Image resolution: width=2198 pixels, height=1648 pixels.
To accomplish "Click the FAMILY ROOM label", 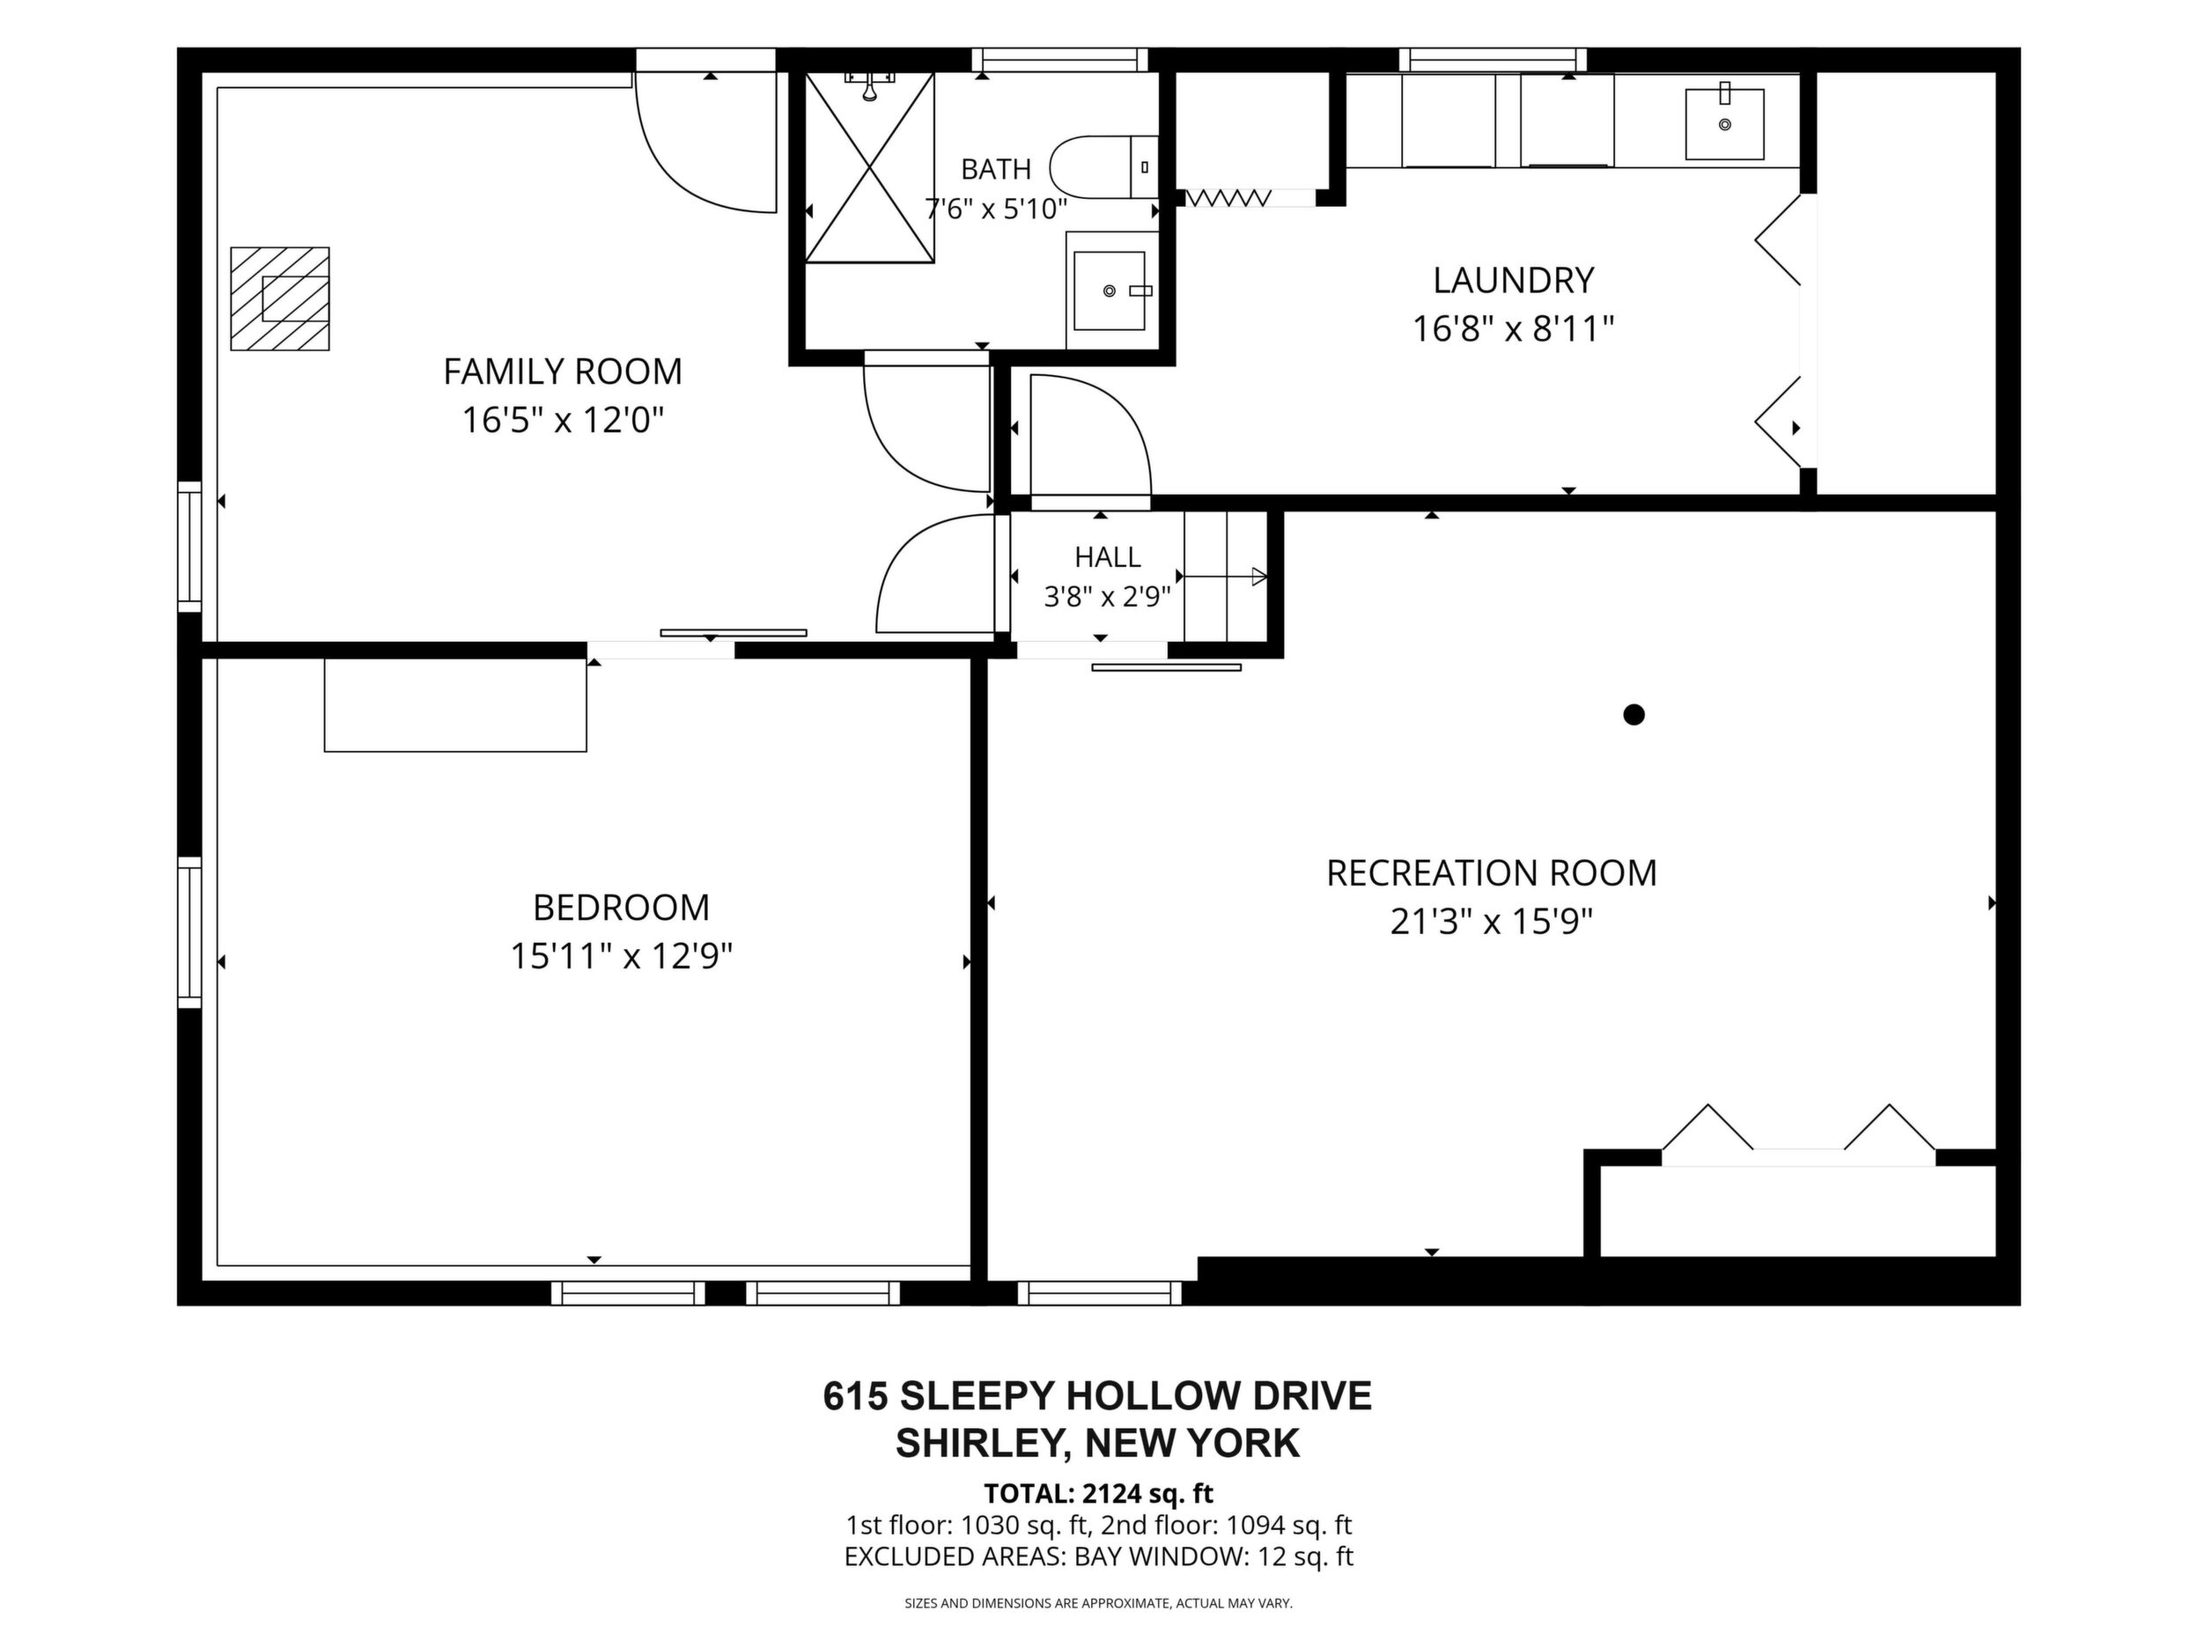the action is point(563,372).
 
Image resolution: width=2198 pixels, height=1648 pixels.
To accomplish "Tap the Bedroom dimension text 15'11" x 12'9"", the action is point(621,957).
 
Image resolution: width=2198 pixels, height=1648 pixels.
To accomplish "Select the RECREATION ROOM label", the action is point(1492,873).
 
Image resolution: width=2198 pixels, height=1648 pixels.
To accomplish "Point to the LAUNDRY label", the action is point(1514,280).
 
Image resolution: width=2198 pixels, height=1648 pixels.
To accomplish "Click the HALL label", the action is point(1107,556).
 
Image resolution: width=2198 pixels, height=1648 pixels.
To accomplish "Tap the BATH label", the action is point(996,170).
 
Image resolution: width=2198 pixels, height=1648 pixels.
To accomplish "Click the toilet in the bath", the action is point(1104,167).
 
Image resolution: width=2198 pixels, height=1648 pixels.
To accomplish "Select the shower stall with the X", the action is point(869,167).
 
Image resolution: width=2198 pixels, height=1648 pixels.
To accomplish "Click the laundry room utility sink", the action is point(1725,124).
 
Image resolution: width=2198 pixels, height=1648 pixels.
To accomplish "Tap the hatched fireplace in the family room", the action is point(280,298).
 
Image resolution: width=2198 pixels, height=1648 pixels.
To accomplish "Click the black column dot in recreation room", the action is point(1634,714).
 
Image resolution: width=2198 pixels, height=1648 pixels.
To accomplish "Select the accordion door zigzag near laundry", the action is point(1228,198).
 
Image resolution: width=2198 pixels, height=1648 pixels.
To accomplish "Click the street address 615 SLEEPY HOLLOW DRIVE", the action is point(1097,1395).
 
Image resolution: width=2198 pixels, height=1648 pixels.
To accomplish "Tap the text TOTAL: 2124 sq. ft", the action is point(1098,1493).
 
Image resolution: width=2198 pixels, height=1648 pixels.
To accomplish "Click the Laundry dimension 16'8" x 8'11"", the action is point(1514,328).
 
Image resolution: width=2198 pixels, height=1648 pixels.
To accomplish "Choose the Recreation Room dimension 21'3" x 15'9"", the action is point(1492,923).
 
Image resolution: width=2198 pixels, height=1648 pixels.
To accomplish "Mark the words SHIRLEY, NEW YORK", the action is point(1097,1444).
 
